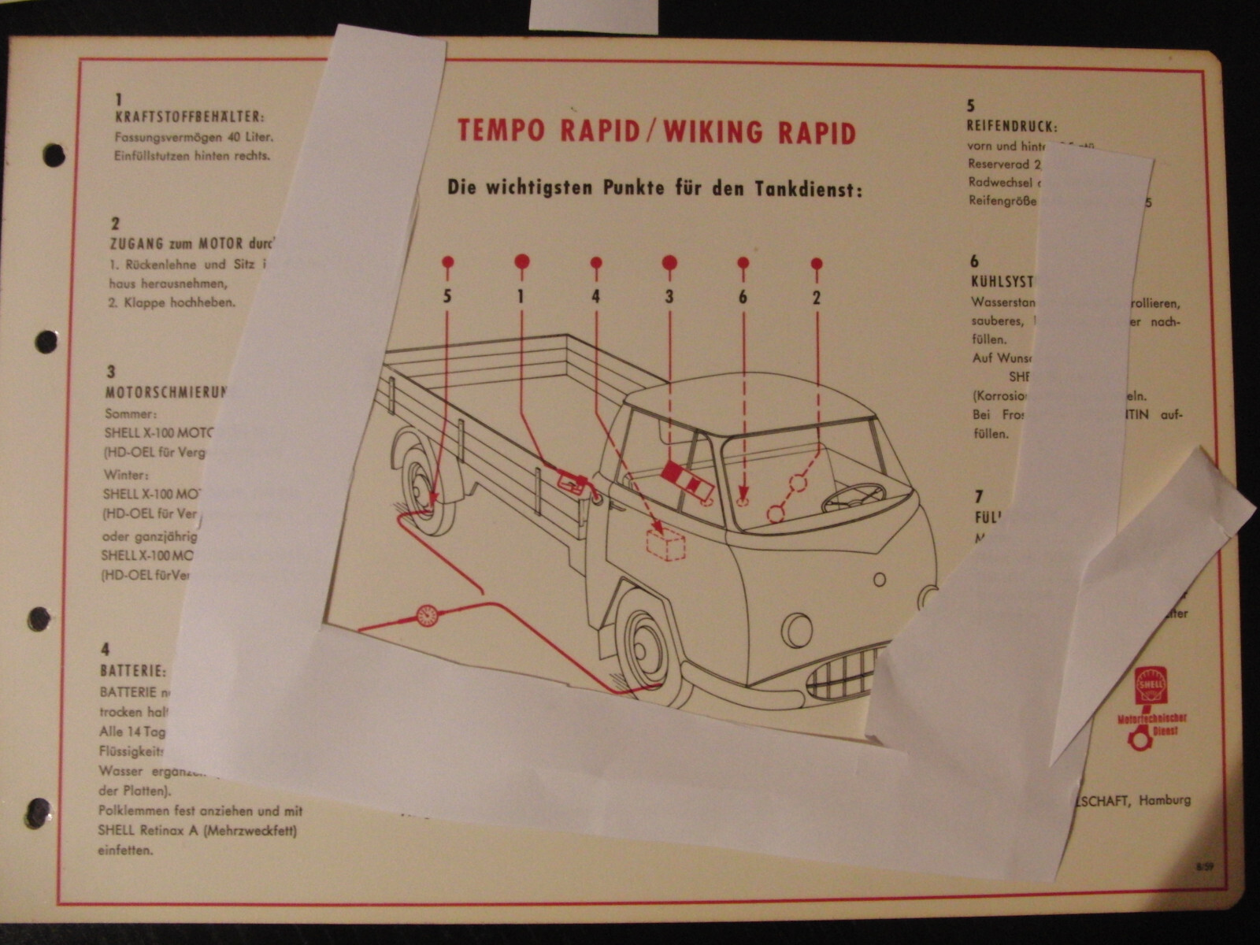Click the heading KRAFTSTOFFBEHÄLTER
point(188,117)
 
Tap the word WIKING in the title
point(719,132)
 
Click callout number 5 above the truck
point(447,297)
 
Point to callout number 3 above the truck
point(669,297)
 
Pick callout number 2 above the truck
point(817,297)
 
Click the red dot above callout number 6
point(743,262)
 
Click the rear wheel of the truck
point(428,488)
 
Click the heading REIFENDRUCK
point(1011,126)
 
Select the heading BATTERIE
point(132,671)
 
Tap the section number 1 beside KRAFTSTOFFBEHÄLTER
point(119,100)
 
